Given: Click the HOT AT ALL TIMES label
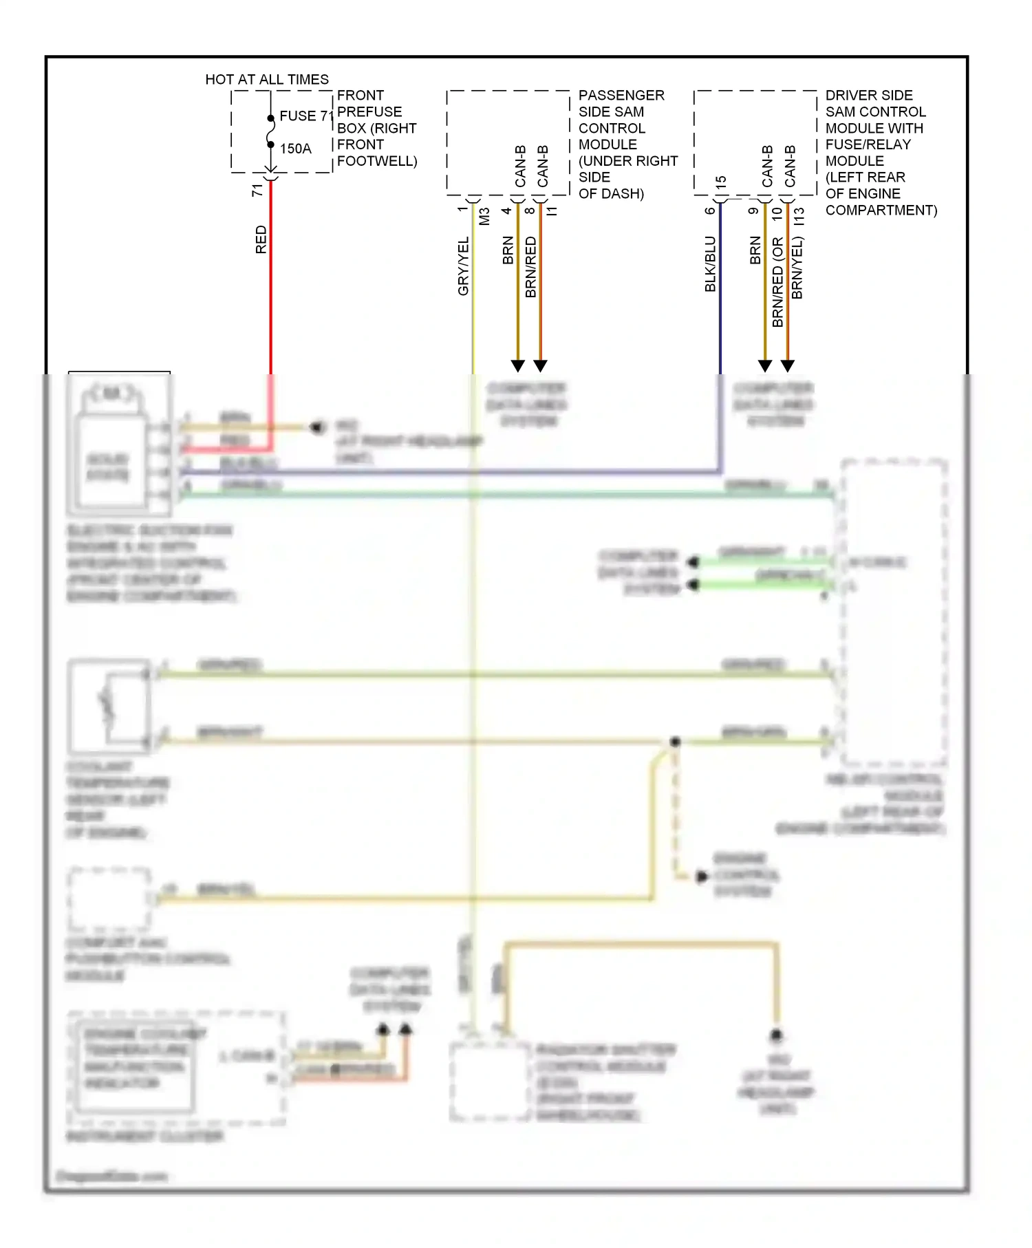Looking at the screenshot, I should (x=267, y=80).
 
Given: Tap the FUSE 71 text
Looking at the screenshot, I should (x=306, y=116).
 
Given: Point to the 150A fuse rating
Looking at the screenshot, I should (x=295, y=149).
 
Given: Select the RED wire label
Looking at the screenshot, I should (x=261, y=239).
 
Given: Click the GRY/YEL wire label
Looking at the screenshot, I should (x=463, y=266).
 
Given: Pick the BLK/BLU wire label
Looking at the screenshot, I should (x=710, y=264).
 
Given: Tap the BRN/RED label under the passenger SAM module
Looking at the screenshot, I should (x=530, y=267).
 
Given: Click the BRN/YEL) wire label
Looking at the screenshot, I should (x=797, y=268).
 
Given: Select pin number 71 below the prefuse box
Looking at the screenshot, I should (x=257, y=191).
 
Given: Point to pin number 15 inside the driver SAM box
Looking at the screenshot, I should (x=721, y=183).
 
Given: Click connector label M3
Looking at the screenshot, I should (x=484, y=217).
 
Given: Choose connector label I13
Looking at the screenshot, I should (x=799, y=217).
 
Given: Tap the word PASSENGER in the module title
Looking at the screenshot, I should (x=621, y=96).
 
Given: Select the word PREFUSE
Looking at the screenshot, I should (x=369, y=112).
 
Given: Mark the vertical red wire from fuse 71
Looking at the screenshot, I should (x=270, y=289).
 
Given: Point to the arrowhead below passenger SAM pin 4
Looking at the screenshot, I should (x=518, y=365).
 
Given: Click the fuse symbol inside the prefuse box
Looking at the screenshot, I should (x=271, y=131).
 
